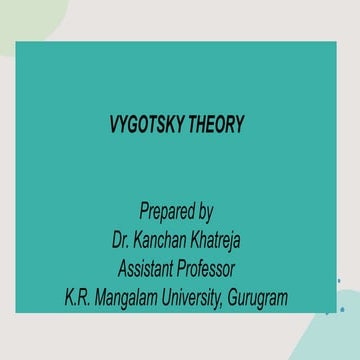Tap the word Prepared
tap(165, 212)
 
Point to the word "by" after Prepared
tap(205, 212)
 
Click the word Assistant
tap(146, 269)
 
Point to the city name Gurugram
tap(258, 298)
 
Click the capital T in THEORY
tap(196, 126)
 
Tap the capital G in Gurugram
tap(233, 298)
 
